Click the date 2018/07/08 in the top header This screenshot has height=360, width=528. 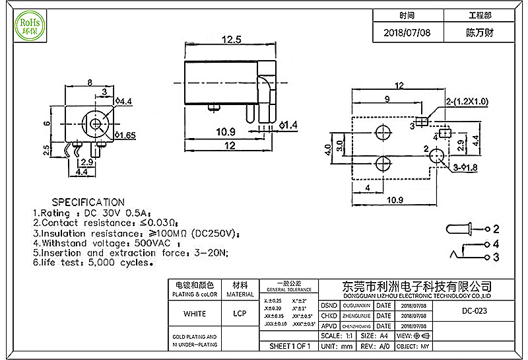tap(407, 32)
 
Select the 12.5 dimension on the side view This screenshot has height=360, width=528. tap(230, 40)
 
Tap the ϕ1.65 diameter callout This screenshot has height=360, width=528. tap(126, 135)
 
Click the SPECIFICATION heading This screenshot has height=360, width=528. tap(88, 202)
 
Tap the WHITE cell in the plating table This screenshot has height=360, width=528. tap(194, 313)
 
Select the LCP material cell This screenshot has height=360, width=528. tap(240, 313)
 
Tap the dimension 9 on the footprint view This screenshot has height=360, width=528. tap(385, 99)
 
